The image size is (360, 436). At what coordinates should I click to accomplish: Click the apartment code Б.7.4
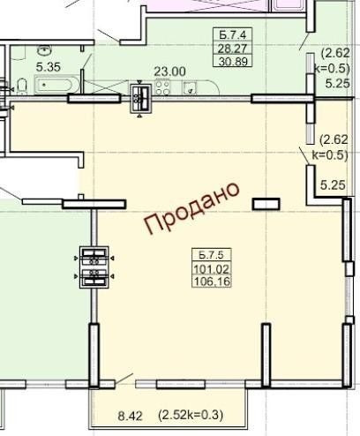pyautogui.click(x=232, y=35)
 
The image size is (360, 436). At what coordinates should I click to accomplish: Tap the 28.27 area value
pyautogui.click(x=232, y=49)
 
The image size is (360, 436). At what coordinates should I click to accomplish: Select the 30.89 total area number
pyautogui.click(x=233, y=62)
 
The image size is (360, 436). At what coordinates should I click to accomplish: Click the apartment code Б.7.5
pyautogui.click(x=211, y=255)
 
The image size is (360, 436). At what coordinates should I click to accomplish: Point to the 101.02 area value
pyautogui.click(x=212, y=269)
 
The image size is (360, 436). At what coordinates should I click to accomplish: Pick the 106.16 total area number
pyautogui.click(x=212, y=282)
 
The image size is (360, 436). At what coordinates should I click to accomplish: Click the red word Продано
pyautogui.click(x=191, y=208)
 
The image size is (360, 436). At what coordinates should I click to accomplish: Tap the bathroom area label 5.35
pyautogui.click(x=49, y=67)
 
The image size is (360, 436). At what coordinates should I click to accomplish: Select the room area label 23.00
pyautogui.click(x=170, y=71)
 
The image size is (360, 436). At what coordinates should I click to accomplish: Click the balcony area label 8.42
pyautogui.click(x=130, y=416)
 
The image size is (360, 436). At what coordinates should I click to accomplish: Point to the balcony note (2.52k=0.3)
pyautogui.click(x=191, y=415)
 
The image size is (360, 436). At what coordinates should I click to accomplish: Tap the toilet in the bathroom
pyautogui.click(x=22, y=86)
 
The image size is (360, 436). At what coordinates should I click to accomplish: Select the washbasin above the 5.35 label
pyautogui.click(x=45, y=50)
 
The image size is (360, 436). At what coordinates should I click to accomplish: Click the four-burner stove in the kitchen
pyautogui.click(x=162, y=87)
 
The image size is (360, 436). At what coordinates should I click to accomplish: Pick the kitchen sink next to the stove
pyautogui.click(x=190, y=88)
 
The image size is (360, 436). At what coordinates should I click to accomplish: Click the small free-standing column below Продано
pyautogui.click(x=266, y=204)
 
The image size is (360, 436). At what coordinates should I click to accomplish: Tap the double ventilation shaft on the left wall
pyautogui.click(x=94, y=267)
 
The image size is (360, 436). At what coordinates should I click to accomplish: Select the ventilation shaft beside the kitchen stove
pyautogui.click(x=141, y=98)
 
